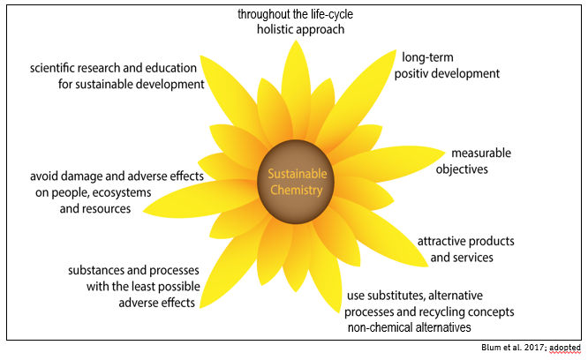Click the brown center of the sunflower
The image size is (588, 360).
(x=294, y=204)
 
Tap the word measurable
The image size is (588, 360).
(x=481, y=153)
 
